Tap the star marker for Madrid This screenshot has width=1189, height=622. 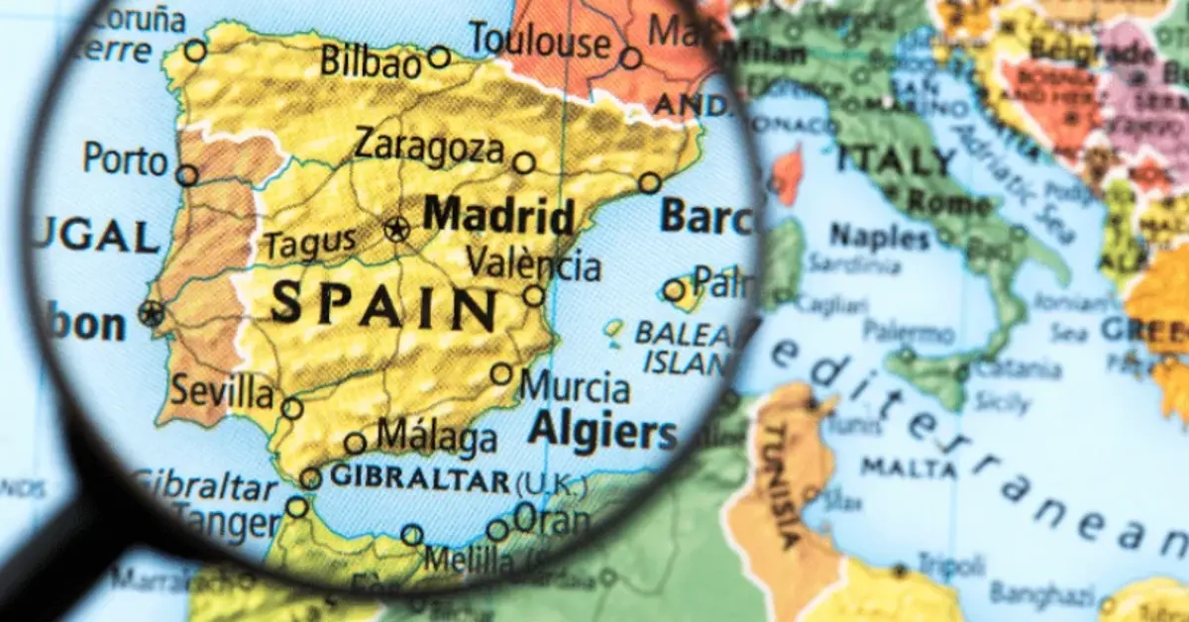click(x=396, y=231)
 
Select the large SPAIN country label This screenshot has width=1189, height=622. click(x=382, y=304)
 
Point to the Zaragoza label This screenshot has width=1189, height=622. click(x=429, y=148)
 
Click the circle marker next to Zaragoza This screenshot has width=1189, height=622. click(x=524, y=163)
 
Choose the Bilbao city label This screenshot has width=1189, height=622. click(x=371, y=60)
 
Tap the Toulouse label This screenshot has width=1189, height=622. click(x=540, y=41)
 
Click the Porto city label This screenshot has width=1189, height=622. click(x=125, y=158)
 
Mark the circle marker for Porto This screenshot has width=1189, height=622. click(x=186, y=176)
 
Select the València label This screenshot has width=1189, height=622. click(x=533, y=264)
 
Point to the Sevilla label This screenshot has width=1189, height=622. click(x=222, y=391)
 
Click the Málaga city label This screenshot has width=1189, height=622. click(x=436, y=437)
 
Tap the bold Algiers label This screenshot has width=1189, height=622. click(x=601, y=432)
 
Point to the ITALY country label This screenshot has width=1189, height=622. click(x=896, y=159)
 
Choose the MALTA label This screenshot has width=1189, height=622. click(x=894, y=466)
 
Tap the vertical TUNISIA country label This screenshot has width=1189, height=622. click(x=779, y=485)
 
